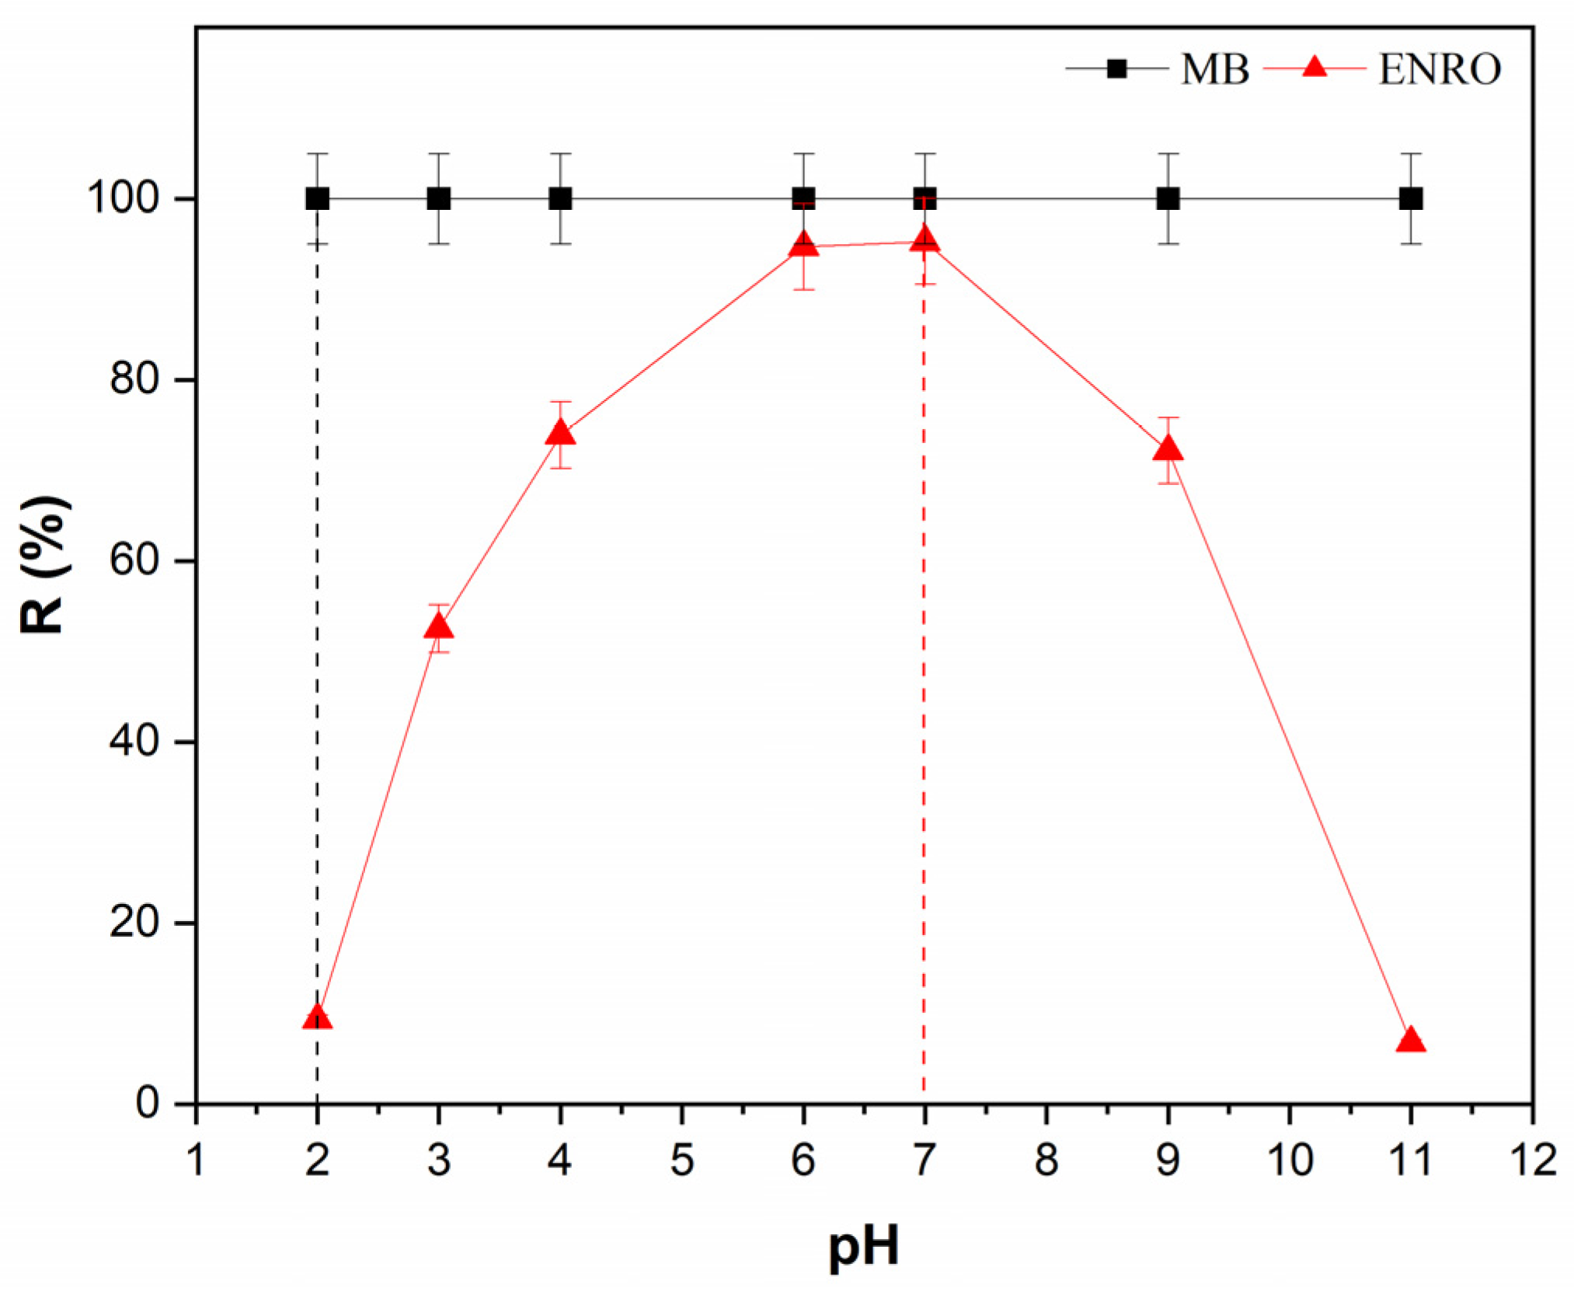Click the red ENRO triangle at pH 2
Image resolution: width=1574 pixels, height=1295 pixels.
coord(317,1018)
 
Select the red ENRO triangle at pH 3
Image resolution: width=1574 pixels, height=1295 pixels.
coord(439,627)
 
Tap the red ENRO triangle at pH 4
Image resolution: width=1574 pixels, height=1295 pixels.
coord(561,434)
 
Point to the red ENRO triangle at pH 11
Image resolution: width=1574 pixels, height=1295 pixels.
coord(1411,1041)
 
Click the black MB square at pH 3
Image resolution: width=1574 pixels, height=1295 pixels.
coord(439,199)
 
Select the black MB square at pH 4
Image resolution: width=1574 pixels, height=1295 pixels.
coord(561,199)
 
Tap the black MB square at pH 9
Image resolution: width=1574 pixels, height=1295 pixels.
coord(1168,199)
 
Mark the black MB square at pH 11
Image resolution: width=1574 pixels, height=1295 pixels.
coord(1411,199)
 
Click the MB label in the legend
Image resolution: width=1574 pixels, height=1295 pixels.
coord(1215,70)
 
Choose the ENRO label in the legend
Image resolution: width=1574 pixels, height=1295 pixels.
coord(1440,70)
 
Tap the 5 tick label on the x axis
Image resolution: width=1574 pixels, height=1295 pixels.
coord(682,1161)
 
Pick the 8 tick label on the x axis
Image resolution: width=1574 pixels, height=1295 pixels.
coord(1046,1161)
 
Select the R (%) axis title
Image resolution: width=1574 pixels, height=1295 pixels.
coord(44,565)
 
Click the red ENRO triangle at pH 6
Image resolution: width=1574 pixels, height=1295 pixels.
coord(803,245)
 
